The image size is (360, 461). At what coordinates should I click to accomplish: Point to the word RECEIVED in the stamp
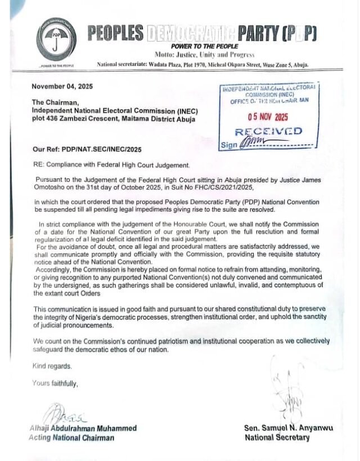(268, 131)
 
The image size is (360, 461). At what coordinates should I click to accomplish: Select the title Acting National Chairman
(71, 437)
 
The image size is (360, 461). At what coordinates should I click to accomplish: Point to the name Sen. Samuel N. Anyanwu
(289, 428)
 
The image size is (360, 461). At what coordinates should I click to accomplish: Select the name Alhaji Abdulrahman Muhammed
(83, 428)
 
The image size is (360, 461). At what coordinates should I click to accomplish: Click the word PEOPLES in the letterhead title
(115, 34)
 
